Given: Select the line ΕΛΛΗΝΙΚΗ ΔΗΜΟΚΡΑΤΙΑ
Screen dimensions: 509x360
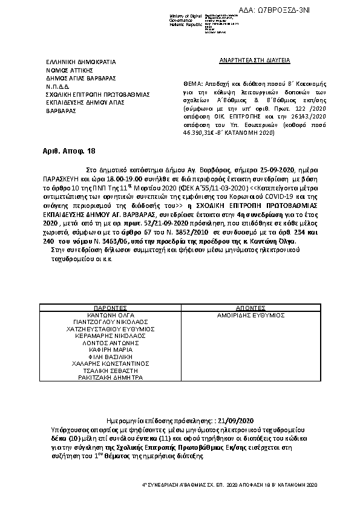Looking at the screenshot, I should coord(81,62).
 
